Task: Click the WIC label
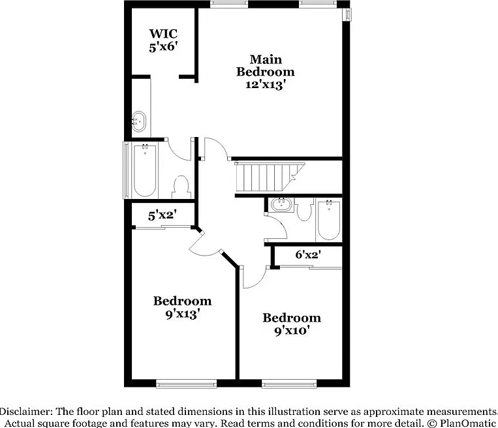[x=163, y=33]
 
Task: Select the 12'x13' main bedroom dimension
[x=264, y=85]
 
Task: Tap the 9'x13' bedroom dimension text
[x=182, y=314]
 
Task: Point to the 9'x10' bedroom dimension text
[x=292, y=331]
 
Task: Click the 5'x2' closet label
[x=163, y=215]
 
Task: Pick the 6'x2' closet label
[x=308, y=254]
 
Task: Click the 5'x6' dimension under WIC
[x=163, y=47]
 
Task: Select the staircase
[x=270, y=177]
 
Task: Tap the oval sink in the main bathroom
[x=139, y=121]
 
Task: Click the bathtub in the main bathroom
[x=145, y=171]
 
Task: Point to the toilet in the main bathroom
[x=181, y=187]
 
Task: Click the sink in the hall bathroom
[x=281, y=205]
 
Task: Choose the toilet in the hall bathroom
[x=305, y=209]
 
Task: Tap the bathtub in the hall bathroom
[x=329, y=220]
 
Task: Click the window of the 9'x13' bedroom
[x=187, y=384]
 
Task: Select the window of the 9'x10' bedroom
[x=289, y=384]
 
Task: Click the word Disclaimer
[x=26, y=412]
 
